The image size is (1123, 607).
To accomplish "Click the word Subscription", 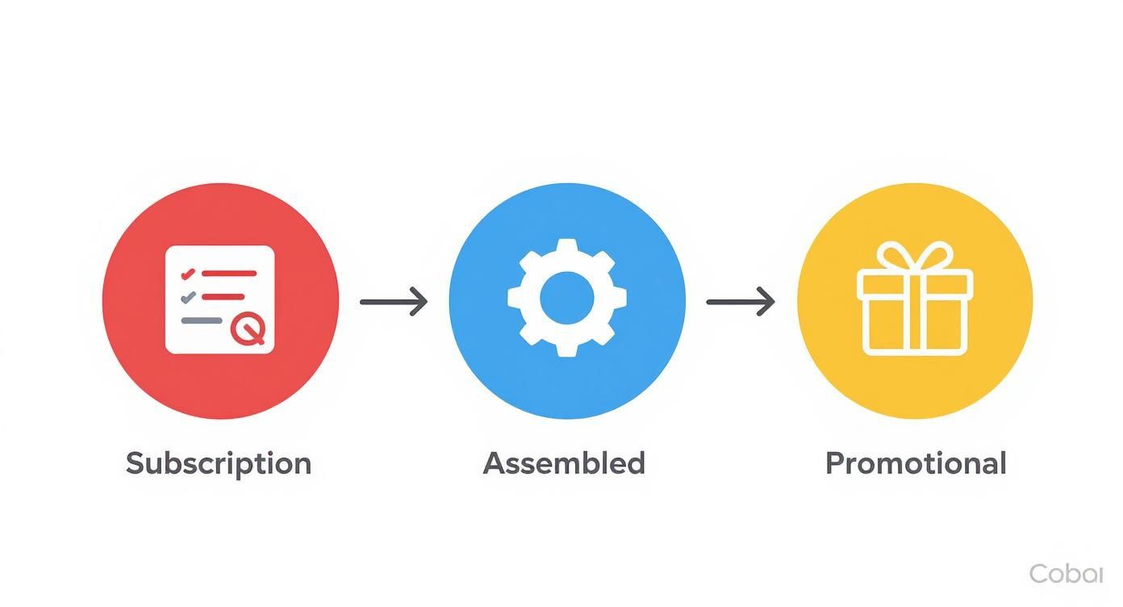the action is [x=219, y=463].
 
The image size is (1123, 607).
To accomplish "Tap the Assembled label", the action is [x=564, y=463].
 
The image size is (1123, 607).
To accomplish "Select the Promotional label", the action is [x=916, y=463].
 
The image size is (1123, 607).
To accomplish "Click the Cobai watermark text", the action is [x=1065, y=574].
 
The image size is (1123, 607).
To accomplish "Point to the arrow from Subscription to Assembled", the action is [x=393, y=302].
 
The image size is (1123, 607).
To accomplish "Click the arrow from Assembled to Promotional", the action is [x=740, y=302].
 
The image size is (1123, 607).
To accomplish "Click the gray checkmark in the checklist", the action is [x=188, y=297].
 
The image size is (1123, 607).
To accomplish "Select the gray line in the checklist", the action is [x=202, y=320].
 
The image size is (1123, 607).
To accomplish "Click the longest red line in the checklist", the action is [x=229, y=274].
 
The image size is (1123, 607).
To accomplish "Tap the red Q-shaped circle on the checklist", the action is [x=247, y=329].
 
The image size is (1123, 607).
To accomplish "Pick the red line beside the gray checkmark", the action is [x=223, y=297].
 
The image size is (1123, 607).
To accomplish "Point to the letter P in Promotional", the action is [x=834, y=463].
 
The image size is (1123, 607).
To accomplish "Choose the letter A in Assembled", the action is [x=494, y=463].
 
